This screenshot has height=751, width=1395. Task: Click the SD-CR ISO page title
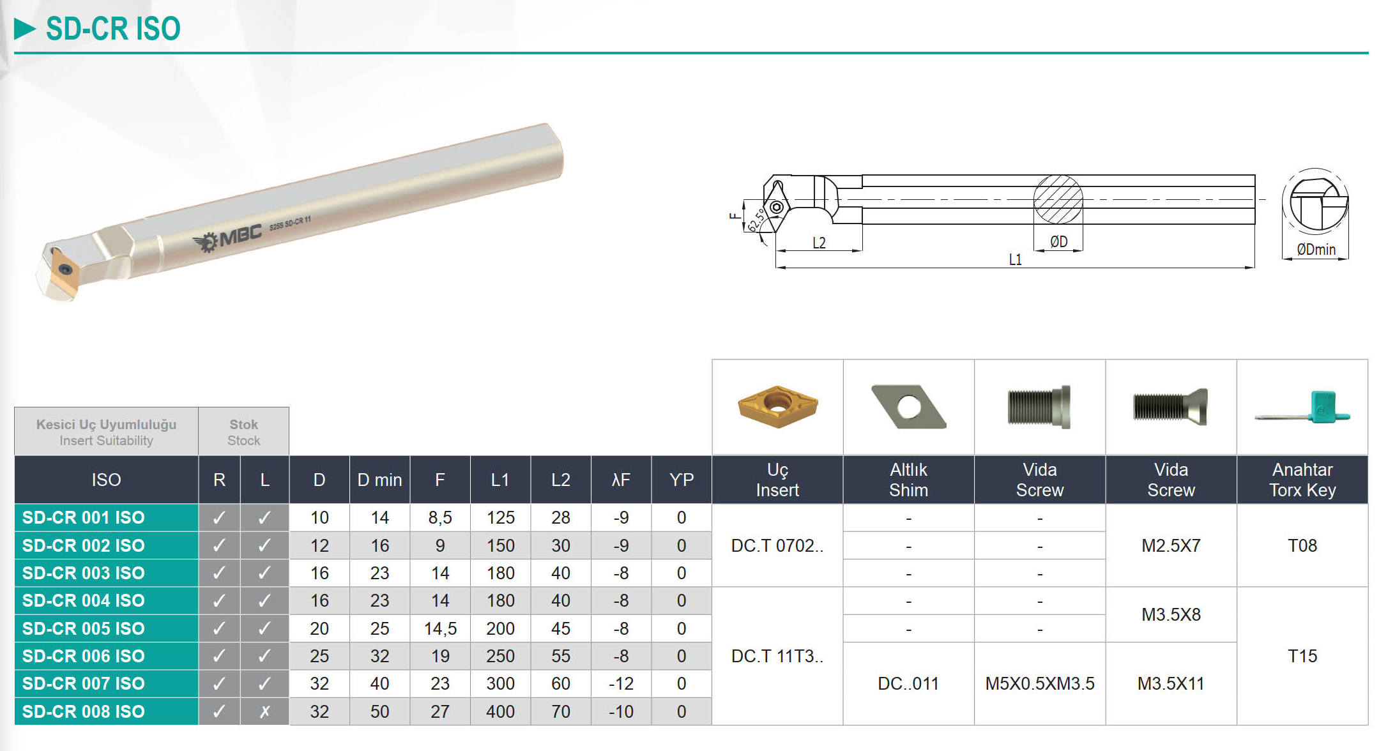113,29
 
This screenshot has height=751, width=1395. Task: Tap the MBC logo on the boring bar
228,238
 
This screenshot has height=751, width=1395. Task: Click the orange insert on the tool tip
64,273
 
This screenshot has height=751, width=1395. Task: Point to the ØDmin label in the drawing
1316,249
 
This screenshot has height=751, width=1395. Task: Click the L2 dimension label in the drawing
819,243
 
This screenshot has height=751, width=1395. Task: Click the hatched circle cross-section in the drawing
1058,199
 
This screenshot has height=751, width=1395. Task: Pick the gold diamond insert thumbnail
777,406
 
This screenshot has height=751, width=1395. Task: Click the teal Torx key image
1303,407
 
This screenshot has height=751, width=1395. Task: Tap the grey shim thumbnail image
908,406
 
